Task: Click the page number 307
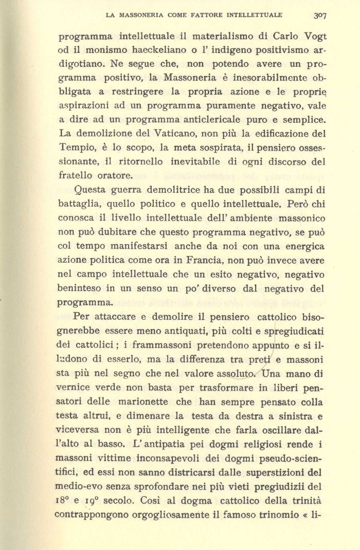(319, 15)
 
